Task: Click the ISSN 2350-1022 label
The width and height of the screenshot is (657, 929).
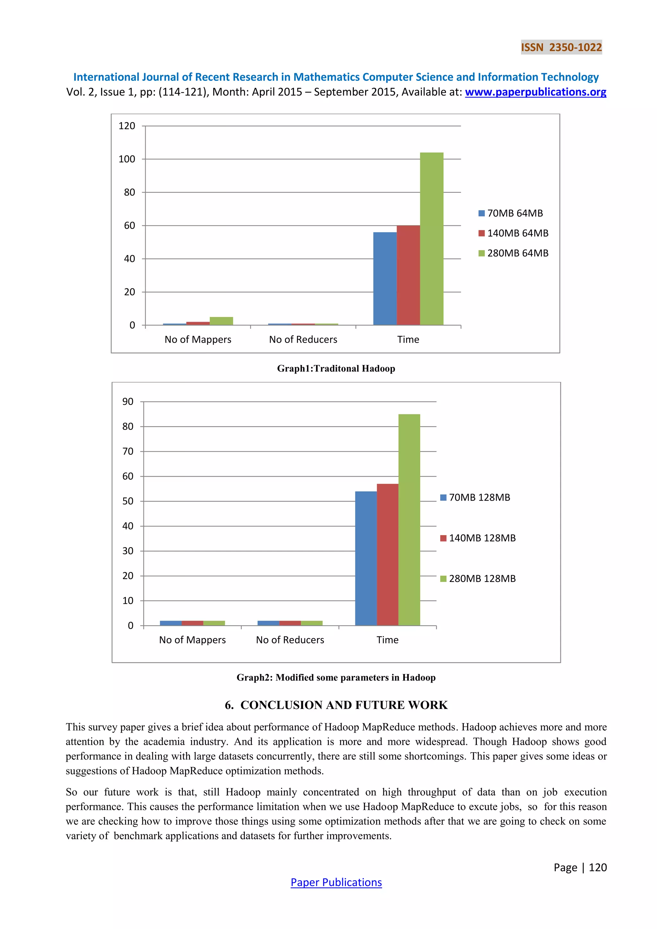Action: point(561,47)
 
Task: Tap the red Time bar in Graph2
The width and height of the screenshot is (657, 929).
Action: point(387,554)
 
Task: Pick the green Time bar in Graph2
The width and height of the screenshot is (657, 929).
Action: point(409,520)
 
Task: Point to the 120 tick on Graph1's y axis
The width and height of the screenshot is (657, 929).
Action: point(127,126)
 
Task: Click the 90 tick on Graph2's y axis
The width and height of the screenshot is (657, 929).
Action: point(128,401)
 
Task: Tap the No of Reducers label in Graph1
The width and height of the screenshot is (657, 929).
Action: point(303,339)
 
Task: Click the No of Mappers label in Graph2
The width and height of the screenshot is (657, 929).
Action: point(192,640)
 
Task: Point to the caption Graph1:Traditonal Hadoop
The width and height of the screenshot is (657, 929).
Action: point(336,368)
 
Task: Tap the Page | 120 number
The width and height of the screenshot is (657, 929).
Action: point(580,867)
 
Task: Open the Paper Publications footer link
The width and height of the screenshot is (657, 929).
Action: point(336,882)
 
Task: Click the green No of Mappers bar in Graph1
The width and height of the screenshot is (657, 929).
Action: point(221,321)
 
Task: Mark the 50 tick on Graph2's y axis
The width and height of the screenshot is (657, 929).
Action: point(128,501)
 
